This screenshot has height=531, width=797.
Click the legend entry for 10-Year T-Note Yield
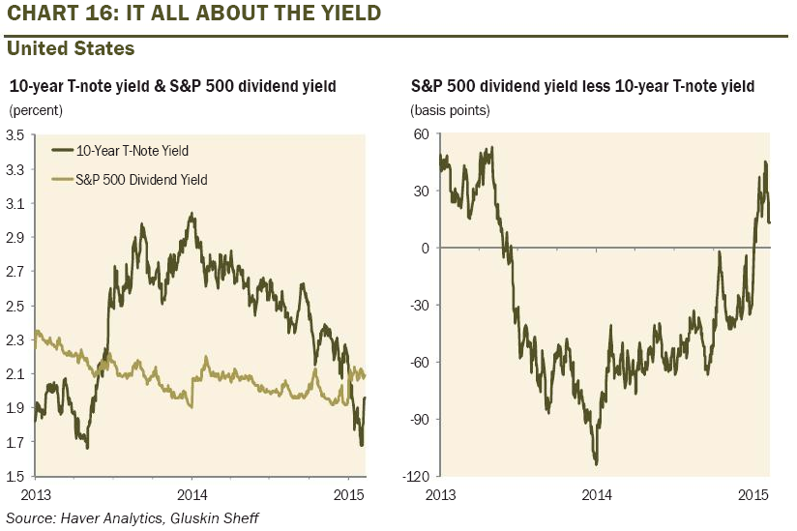(133, 150)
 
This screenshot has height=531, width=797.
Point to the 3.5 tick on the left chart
(15, 135)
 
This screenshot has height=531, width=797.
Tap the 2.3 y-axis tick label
(15, 339)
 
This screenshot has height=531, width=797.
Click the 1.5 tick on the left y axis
(15, 476)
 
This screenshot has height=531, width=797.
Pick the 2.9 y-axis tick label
(15, 237)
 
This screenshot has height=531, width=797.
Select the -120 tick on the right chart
(417, 476)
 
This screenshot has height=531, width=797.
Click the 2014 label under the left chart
(192, 494)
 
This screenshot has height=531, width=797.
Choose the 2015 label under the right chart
(753, 494)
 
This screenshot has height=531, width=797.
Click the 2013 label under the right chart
(441, 494)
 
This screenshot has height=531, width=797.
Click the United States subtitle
(71, 47)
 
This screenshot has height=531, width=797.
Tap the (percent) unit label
(36, 109)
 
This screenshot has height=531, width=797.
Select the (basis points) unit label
(451, 109)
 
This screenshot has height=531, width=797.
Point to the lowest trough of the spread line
(596, 464)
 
